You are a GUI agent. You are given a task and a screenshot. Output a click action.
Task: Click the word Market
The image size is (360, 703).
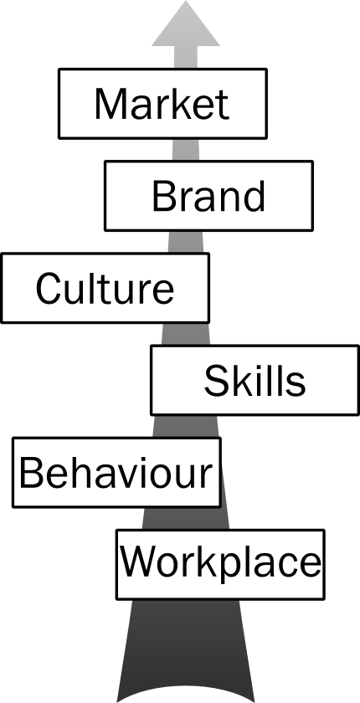pos(162,104)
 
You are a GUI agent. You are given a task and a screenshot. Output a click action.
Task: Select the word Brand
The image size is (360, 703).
pos(209,197)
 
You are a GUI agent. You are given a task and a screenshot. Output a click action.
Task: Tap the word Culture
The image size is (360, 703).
pos(105,288)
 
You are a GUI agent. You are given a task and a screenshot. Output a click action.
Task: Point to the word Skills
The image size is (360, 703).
pos(255,381)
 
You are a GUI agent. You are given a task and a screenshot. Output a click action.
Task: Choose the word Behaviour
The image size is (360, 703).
pos(116,473)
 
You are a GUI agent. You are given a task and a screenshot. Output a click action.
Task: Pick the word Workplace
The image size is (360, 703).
pos(220,562)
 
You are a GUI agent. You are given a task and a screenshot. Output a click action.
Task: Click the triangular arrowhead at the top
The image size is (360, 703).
pos(186,23)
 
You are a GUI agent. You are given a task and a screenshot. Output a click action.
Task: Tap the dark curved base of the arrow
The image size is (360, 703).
pos(186,690)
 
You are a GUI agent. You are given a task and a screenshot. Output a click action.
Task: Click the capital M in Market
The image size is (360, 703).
pos(110,104)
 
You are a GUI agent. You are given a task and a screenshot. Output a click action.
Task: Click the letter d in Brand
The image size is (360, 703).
pos(255,197)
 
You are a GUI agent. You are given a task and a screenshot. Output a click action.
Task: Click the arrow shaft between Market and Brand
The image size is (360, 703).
pos(186,149)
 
